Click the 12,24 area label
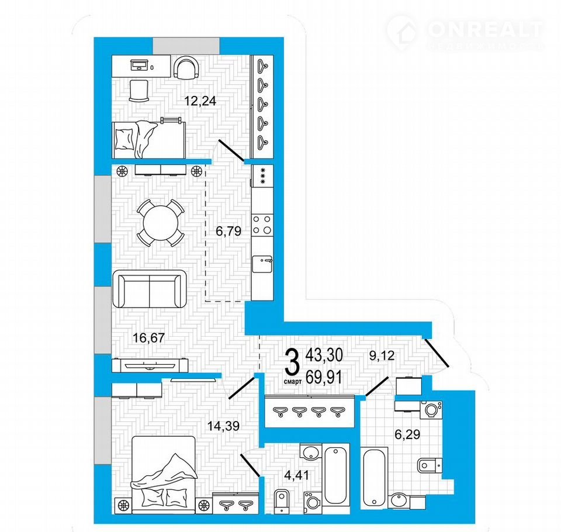(x=200, y=101)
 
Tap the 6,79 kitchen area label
(x=228, y=232)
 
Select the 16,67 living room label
(x=148, y=337)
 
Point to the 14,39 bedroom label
(x=224, y=426)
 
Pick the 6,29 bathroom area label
(x=407, y=434)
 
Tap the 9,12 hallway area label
(x=382, y=355)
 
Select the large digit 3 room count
(x=293, y=362)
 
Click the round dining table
(x=161, y=223)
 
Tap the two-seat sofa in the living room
(x=149, y=289)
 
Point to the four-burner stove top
(x=262, y=225)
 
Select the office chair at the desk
(x=186, y=68)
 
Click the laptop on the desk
(x=138, y=65)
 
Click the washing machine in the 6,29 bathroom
(x=431, y=410)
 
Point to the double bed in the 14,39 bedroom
(x=164, y=475)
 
